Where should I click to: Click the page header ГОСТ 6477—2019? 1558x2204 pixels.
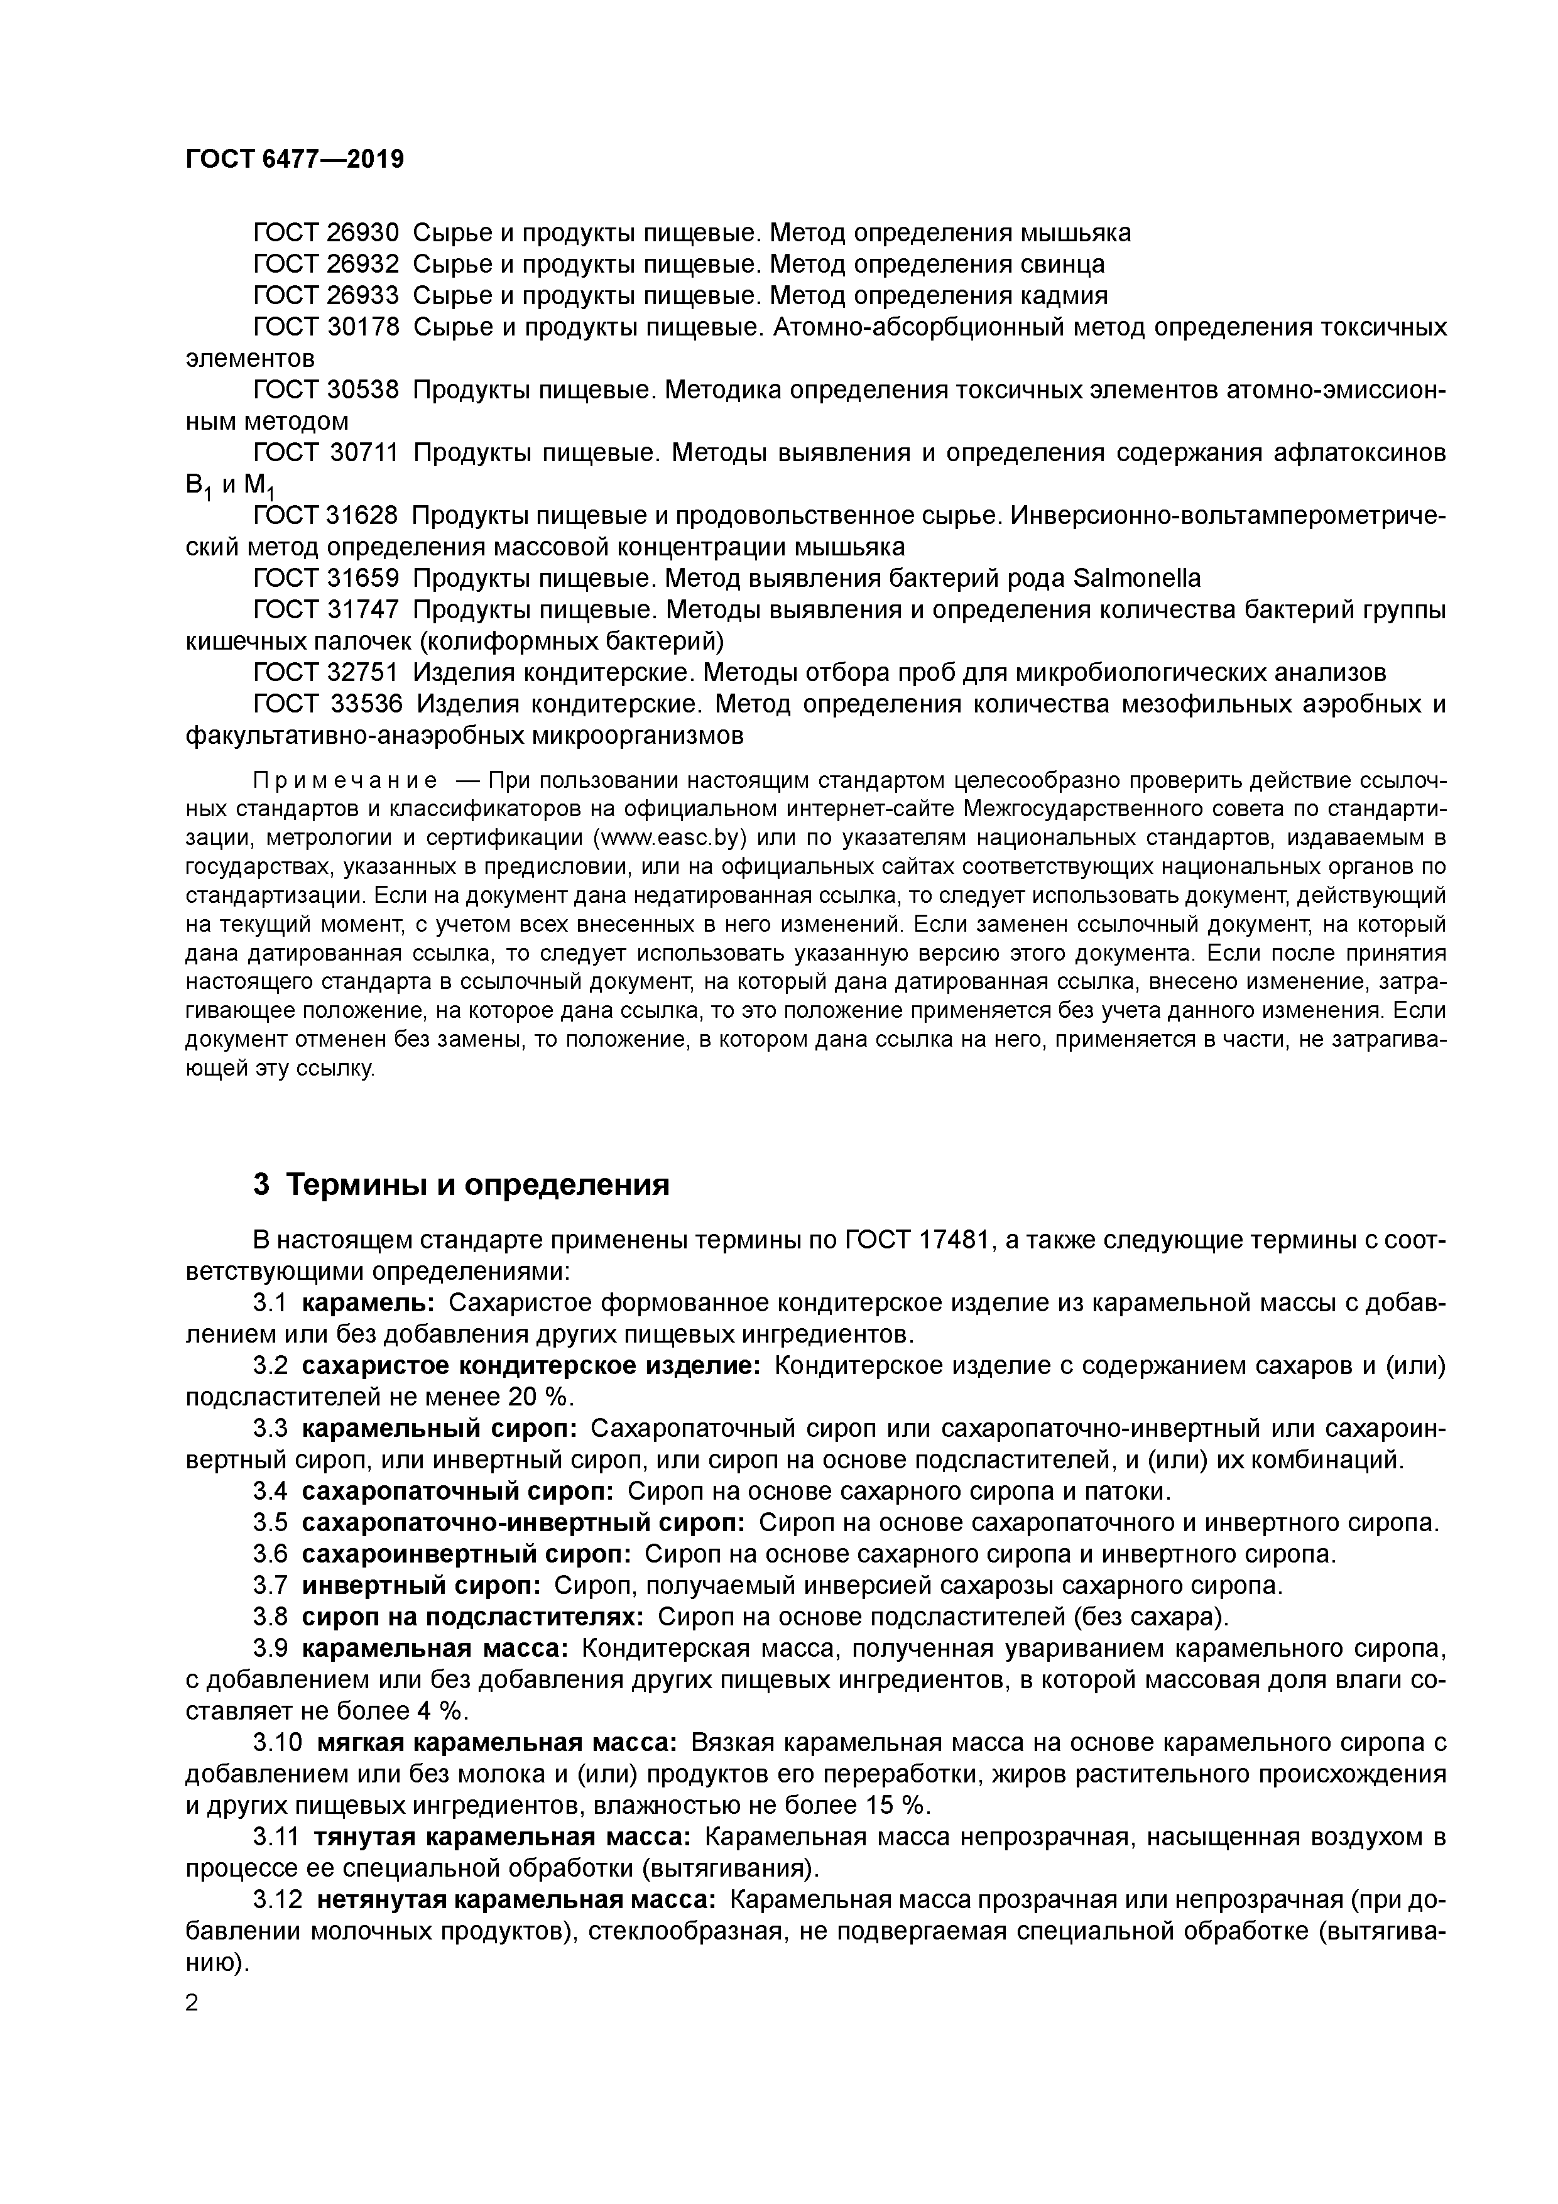click(x=295, y=160)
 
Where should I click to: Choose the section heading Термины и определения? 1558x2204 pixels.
click(x=478, y=1186)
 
